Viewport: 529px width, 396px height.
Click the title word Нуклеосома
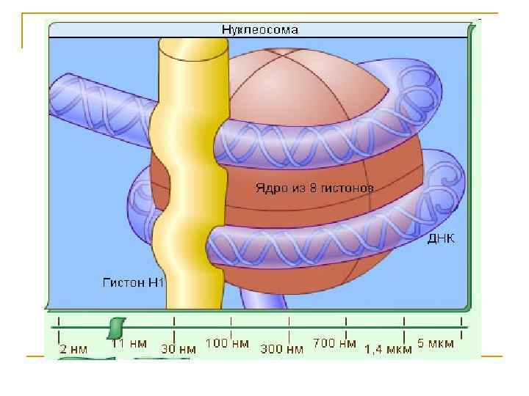pyautogui.click(x=259, y=30)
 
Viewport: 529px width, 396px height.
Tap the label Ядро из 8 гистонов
pyautogui.click(x=314, y=188)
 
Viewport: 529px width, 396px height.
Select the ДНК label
pyautogui.click(x=441, y=240)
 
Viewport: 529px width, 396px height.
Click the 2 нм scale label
pyautogui.click(x=73, y=348)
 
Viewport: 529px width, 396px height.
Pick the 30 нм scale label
pyautogui.click(x=179, y=348)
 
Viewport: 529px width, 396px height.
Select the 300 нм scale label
pyautogui.click(x=282, y=349)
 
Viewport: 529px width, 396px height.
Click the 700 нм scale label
pyautogui.click(x=334, y=342)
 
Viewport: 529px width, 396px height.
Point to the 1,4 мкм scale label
pyautogui.click(x=389, y=349)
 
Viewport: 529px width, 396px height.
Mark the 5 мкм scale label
pyautogui.click(x=436, y=342)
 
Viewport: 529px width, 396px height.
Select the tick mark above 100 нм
pyautogui.click(x=231, y=323)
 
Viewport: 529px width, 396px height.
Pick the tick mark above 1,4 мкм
pyautogui.click(x=404, y=323)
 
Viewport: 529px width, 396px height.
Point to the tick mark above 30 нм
pyautogui.click(x=173, y=323)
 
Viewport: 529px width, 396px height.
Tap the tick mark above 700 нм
pyautogui.click(x=347, y=323)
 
